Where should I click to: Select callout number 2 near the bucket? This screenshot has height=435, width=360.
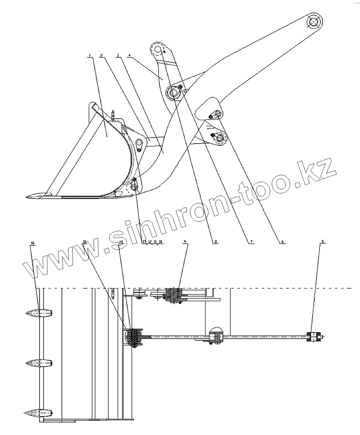(x=102, y=55)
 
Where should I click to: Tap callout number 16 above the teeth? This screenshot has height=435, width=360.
(x=33, y=244)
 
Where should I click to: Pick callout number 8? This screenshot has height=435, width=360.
(x=215, y=242)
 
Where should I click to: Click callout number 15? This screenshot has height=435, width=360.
(x=85, y=242)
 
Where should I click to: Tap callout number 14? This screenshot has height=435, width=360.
(x=121, y=242)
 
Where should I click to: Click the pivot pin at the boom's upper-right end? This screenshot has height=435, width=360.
(x=314, y=22)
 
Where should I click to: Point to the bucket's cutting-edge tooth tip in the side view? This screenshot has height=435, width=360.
(x=29, y=196)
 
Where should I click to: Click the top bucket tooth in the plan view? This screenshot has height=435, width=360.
(x=39, y=313)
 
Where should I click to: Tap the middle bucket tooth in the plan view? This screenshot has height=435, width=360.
(x=39, y=363)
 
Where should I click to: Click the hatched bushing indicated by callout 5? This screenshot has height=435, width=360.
(x=314, y=337)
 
